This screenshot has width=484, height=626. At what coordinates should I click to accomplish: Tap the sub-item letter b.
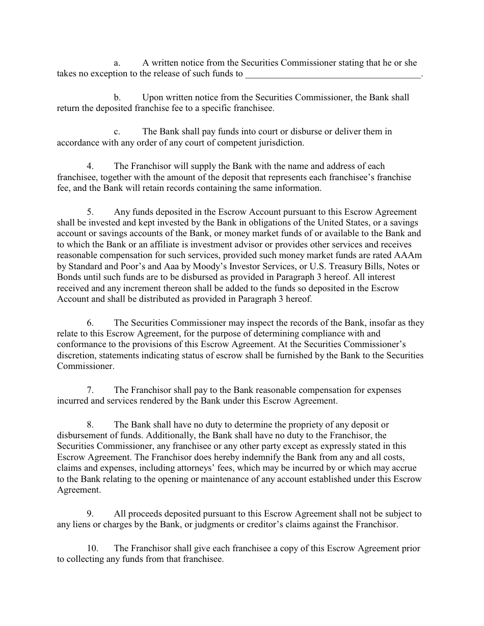click(x=117, y=97)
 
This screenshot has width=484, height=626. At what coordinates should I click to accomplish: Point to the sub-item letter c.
click(x=117, y=131)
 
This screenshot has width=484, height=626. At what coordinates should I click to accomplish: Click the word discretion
click(x=76, y=355)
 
